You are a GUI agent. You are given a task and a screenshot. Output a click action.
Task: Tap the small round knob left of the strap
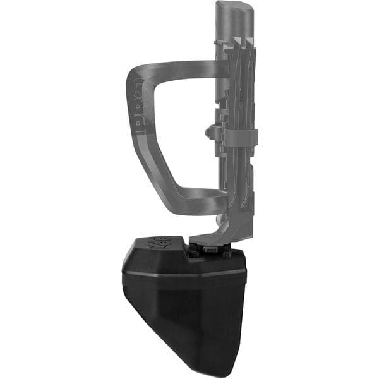[x=213, y=132]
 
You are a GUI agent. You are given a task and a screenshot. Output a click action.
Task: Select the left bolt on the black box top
[x=194, y=251]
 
